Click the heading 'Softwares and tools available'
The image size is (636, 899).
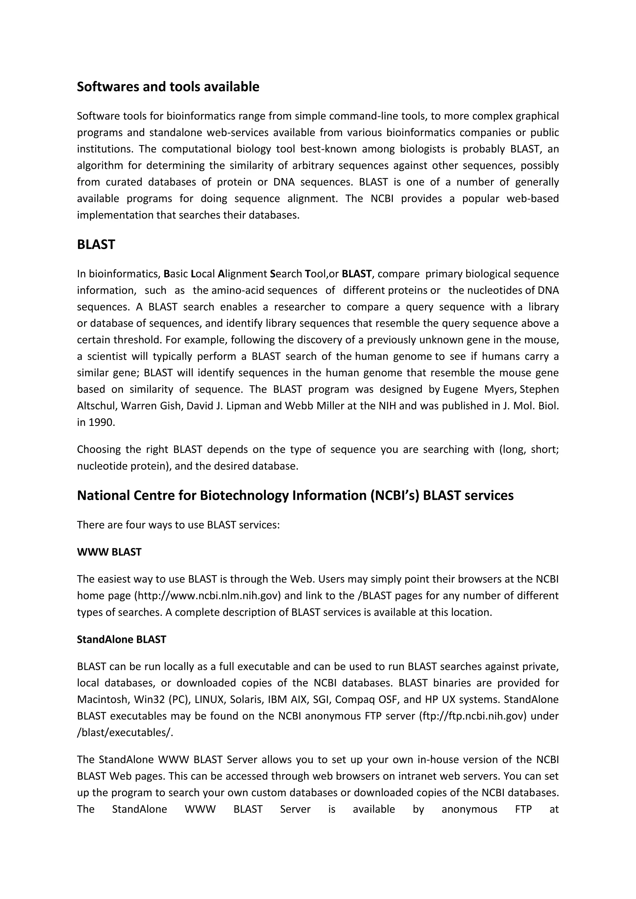click(168, 87)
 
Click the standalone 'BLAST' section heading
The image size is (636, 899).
click(96, 244)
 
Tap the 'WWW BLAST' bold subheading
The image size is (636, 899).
click(109, 552)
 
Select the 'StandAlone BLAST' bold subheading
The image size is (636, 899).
click(121, 639)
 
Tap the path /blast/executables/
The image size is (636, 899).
click(125, 732)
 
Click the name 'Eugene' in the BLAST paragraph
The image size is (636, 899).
click(461, 389)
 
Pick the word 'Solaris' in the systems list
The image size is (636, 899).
click(246, 699)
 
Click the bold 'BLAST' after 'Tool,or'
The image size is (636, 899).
click(357, 274)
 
